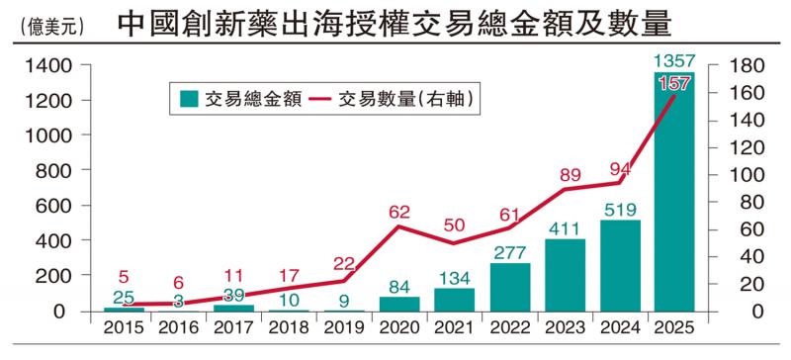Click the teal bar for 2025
[674, 198]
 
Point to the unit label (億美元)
[49, 27]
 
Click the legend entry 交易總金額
[229, 99]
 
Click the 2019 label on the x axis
[343, 328]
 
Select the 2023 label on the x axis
[564, 328]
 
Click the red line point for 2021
[453, 243]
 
